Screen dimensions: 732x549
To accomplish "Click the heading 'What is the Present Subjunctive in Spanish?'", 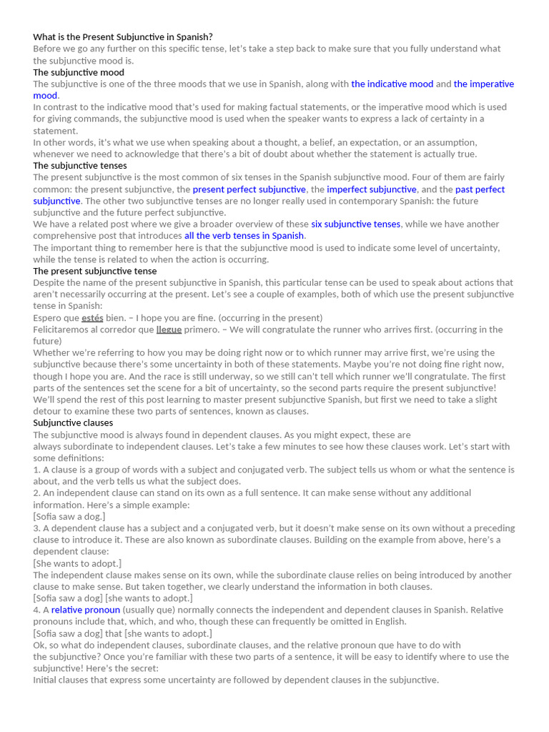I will click(x=123, y=36).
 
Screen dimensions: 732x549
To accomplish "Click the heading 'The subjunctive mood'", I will click(x=79, y=72).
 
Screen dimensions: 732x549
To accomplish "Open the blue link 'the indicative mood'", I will click(x=392, y=84).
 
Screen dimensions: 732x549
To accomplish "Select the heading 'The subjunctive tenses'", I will click(x=80, y=165).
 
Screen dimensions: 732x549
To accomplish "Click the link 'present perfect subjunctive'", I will click(x=249, y=189).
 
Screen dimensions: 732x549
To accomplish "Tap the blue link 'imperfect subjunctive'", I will click(x=371, y=189).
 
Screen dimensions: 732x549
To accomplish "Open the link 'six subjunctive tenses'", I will click(x=355, y=224).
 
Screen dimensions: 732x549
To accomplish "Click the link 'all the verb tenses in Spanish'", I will click(x=244, y=236).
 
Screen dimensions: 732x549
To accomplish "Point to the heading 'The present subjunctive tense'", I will click(x=95, y=271).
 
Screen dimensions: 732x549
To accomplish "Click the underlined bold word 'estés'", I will click(x=92, y=317).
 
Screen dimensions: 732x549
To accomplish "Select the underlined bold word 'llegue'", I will click(x=169, y=330).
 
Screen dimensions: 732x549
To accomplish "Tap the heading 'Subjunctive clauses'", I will click(x=73, y=422).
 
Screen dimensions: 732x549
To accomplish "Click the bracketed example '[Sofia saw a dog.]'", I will click(x=69, y=516).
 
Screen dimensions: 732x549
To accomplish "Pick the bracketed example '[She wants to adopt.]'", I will click(x=77, y=563).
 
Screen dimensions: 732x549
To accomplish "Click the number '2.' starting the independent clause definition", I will click(x=37, y=493).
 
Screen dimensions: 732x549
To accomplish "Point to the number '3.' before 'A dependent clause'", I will click(x=37, y=528).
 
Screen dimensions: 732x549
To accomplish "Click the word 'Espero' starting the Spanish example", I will click(x=46, y=317).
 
